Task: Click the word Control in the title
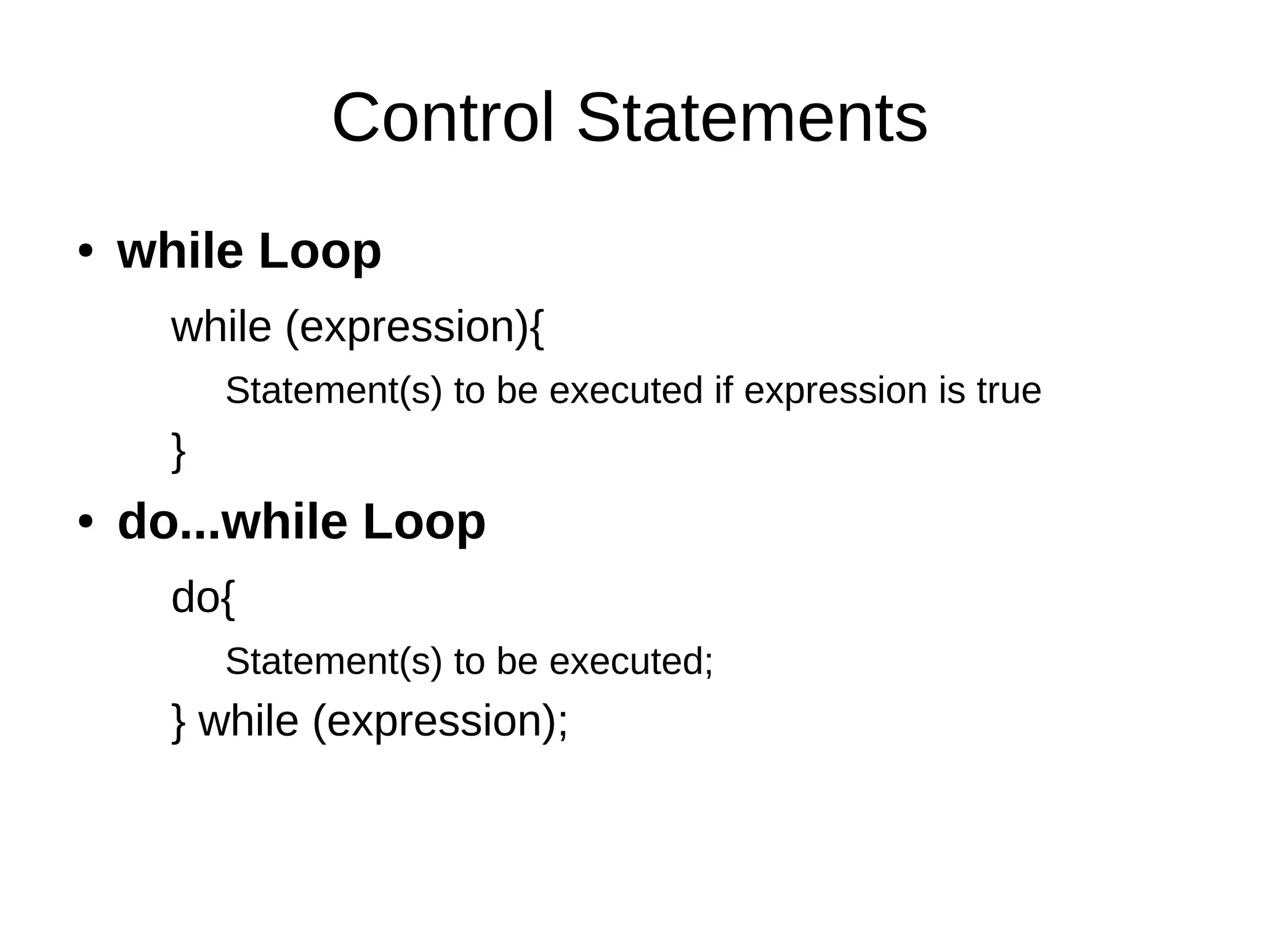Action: (x=443, y=118)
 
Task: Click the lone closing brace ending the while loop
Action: (x=178, y=452)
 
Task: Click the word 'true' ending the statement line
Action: (x=1009, y=391)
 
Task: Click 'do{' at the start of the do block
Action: (x=203, y=598)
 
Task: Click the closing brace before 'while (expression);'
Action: (x=178, y=723)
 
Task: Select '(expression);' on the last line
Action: (x=440, y=722)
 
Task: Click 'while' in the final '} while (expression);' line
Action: (x=248, y=722)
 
